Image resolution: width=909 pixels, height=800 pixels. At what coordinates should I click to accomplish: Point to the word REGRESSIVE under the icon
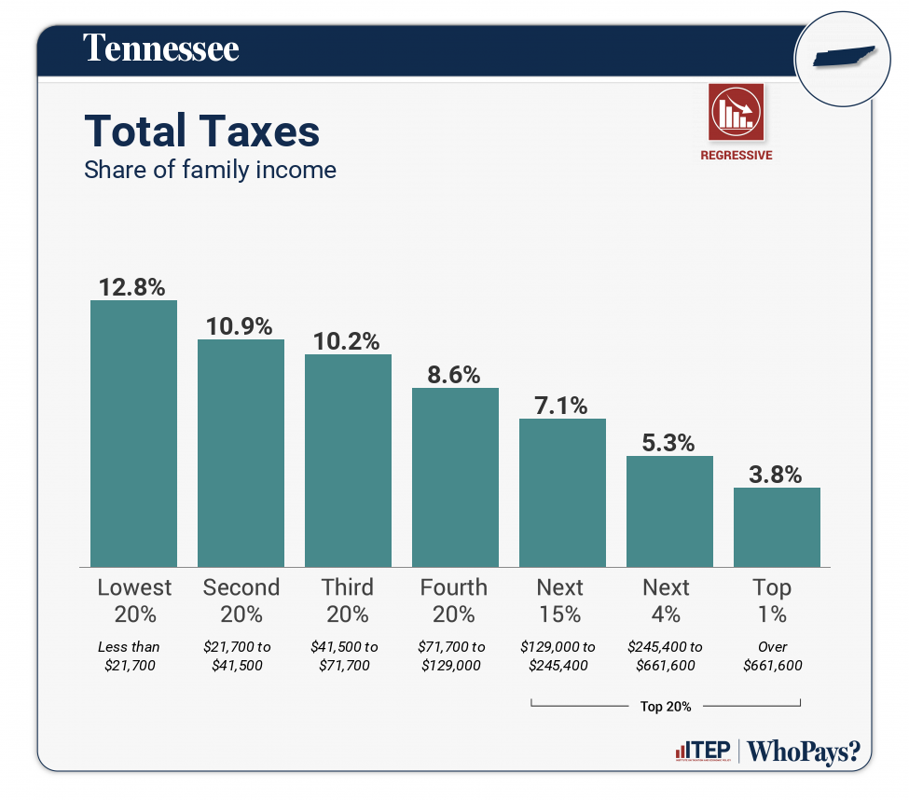tap(736, 156)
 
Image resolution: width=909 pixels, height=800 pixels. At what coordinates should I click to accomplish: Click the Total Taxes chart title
tap(202, 131)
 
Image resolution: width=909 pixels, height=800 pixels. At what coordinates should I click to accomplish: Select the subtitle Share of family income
tap(210, 171)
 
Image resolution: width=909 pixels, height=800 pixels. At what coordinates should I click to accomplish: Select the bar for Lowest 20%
tap(133, 433)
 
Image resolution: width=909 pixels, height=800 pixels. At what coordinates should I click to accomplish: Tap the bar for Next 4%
tap(669, 511)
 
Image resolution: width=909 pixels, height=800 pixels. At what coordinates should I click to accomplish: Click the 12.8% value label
tap(133, 286)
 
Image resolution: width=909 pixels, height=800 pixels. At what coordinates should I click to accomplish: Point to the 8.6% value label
tap(455, 375)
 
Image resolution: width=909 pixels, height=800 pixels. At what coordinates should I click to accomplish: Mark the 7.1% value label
tap(562, 406)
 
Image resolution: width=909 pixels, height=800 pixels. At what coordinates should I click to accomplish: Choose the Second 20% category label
tap(241, 600)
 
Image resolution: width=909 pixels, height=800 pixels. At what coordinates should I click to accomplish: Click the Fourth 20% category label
tap(454, 600)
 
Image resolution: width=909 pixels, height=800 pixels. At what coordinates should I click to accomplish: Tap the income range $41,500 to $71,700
tap(346, 655)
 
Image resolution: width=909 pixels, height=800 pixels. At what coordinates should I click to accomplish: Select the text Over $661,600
tap(773, 655)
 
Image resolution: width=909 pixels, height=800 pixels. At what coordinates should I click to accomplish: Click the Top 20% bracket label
tap(666, 706)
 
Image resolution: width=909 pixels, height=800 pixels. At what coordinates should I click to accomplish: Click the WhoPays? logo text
tap(804, 752)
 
